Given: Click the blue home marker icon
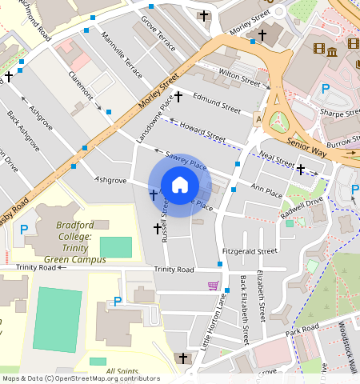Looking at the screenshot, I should coord(180,185).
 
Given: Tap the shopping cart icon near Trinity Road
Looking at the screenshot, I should coord(213,286).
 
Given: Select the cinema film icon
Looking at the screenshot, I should coord(319,50).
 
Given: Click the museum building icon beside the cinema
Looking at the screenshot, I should coord(332,51).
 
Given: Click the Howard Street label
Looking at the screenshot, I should coord(202,132).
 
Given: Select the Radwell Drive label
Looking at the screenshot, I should coord(302,207).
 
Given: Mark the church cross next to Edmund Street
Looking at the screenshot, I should coord(178,97).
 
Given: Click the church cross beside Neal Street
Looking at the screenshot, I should coord(301,170).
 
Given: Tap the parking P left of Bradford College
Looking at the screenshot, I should coord(23,230).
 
